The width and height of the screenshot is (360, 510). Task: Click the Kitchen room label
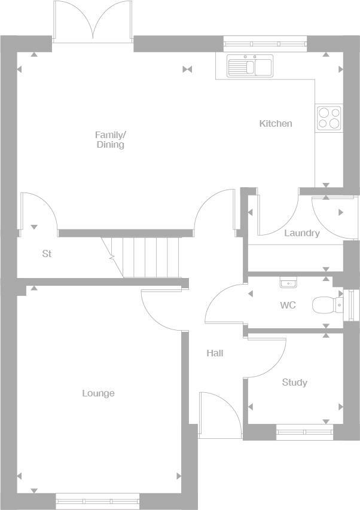[x=275, y=124]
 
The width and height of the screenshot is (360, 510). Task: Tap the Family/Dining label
[x=111, y=140]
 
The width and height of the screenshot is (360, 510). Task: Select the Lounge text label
[x=98, y=393]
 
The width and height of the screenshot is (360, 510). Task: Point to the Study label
[x=294, y=383]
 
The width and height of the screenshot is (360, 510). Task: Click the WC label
[x=288, y=306]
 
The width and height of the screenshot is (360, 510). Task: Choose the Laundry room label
[x=301, y=233]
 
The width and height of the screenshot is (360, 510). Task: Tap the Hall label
[x=215, y=353]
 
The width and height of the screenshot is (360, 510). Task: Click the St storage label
[x=47, y=254]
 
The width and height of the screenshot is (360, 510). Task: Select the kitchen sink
[x=249, y=66]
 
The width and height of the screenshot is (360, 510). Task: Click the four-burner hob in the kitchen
[x=328, y=118]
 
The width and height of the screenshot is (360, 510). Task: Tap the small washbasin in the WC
[x=288, y=282]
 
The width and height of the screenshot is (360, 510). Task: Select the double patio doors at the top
[x=93, y=23]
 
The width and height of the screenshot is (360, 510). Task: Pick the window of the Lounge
[x=97, y=500]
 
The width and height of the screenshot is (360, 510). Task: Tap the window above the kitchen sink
[x=265, y=43]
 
